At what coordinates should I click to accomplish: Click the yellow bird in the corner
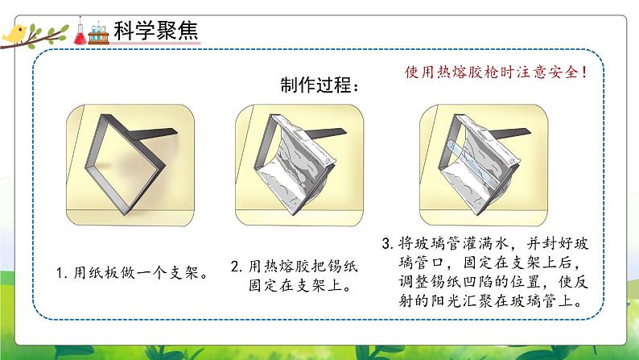tap(14, 33)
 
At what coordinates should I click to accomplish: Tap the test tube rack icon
tap(85, 34)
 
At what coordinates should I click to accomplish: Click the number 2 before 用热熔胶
tap(234, 264)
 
